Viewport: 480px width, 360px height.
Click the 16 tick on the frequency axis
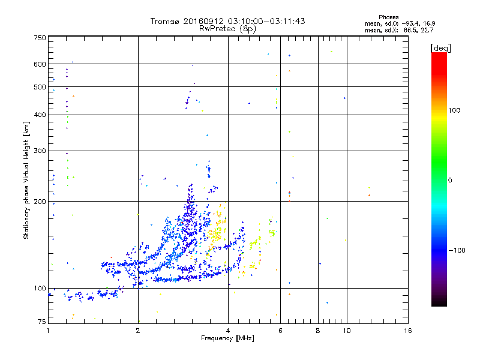[407, 331]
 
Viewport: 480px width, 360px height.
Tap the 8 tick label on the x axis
[319, 331]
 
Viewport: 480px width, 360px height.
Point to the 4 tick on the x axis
[228, 331]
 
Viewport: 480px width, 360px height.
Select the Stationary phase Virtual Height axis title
[26, 180]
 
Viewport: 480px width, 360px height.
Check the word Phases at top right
[389, 17]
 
